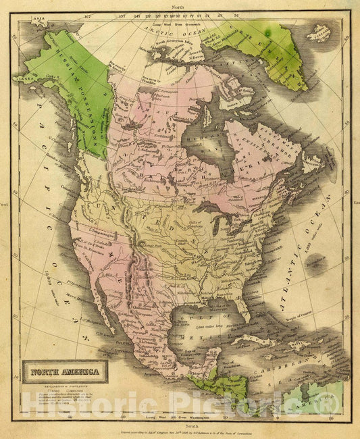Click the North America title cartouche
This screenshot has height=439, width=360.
pos(62,371)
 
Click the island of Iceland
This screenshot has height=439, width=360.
pos(320,32)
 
